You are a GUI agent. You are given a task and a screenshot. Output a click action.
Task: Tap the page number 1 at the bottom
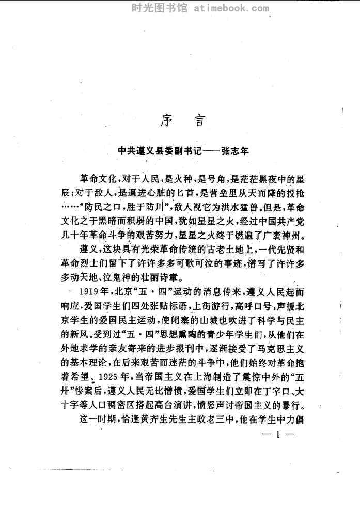pyautogui.click(x=277, y=434)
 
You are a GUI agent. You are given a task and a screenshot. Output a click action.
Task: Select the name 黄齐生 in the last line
pyautogui.click(x=165, y=419)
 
